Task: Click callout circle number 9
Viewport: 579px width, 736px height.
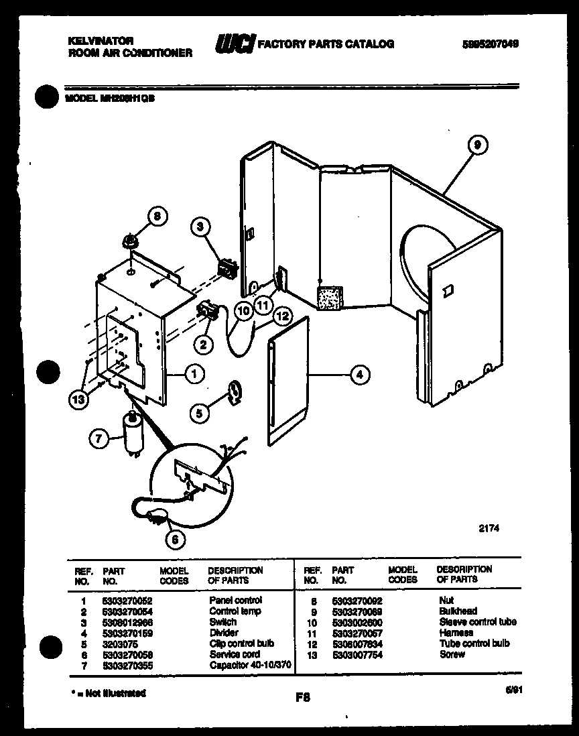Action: pyautogui.click(x=476, y=145)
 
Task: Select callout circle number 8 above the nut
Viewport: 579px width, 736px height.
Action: pyautogui.click(x=157, y=217)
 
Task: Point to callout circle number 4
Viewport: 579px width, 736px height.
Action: pyautogui.click(x=360, y=375)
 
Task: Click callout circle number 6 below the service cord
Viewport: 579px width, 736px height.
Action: pyautogui.click(x=176, y=538)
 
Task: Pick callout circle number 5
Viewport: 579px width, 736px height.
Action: pyautogui.click(x=199, y=414)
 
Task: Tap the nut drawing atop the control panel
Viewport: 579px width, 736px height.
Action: pyautogui.click(x=130, y=241)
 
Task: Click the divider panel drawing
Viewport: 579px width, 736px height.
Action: pyautogui.click(x=288, y=382)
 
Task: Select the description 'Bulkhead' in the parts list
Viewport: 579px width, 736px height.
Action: pyautogui.click(x=458, y=611)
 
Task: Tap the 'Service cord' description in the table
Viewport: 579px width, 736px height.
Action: pyautogui.click(x=235, y=654)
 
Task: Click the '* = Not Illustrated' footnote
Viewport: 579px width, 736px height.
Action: pyautogui.click(x=108, y=693)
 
